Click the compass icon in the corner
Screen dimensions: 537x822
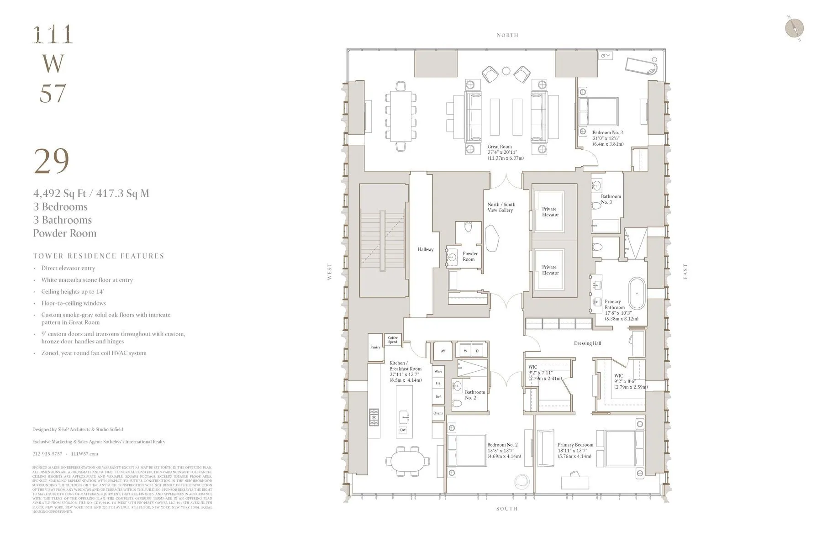click(794, 28)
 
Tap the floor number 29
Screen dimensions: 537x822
click(52, 161)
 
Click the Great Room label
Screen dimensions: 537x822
click(500, 147)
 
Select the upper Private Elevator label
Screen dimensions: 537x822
click(550, 211)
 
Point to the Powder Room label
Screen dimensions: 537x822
click(469, 256)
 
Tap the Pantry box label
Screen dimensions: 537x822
click(375, 347)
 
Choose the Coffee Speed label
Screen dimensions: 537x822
click(393, 340)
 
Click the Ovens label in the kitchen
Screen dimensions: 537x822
click(438, 413)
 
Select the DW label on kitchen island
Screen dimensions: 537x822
click(403, 430)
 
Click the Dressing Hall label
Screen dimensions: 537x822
click(587, 343)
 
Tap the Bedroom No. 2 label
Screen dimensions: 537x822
click(502, 445)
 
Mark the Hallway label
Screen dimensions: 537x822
click(425, 249)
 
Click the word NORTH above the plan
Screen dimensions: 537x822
click(507, 35)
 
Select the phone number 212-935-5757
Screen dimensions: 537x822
click(47, 454)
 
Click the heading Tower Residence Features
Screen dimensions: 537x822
click(98, 256)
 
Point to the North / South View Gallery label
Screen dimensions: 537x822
click(501, 207)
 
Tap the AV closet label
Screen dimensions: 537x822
click(443, 351)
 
